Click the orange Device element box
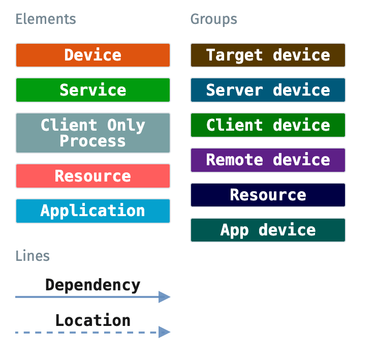(x=92, y=55)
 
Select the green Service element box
(x=92, y=90)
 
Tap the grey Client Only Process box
(x=92, y=133)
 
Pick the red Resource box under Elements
(x=92, y=176)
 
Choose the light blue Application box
(x=92, y=211)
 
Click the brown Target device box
(x=268, y=55)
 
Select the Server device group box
(x=268, y=90)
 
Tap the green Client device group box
(x=268, y=125)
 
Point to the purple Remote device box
(x=268, y=160)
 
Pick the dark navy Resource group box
(x=268, y=195)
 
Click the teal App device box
(x=268, y=230)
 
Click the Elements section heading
(x=46, y=19)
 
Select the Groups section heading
(x=213, y=19)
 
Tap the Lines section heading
(x=33, y=255)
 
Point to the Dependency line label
(x=92, y=285)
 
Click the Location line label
(x=92, y=320)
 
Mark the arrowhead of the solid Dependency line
(x=164, y=297)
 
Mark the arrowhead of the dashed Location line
(x=164, y=333)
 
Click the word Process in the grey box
(x=92, y=141)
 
